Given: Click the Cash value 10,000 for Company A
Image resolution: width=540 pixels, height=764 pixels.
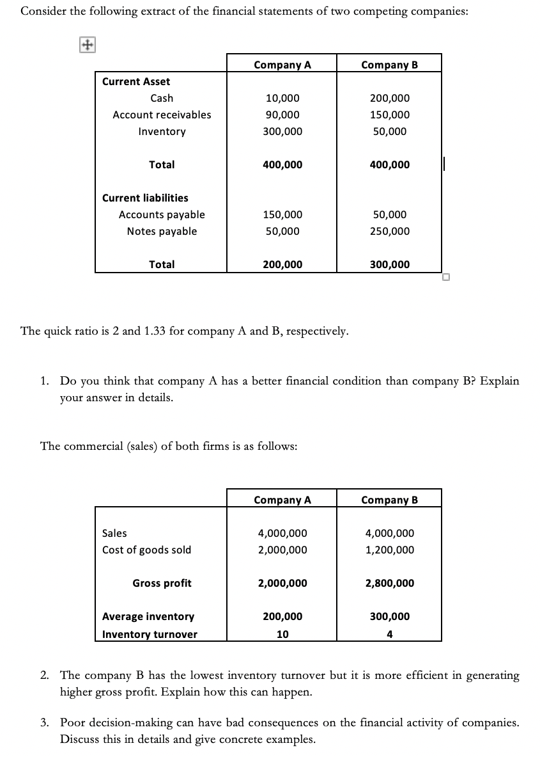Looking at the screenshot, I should pos(282,99).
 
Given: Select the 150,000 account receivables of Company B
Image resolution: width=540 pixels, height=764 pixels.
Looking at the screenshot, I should pos(390,115).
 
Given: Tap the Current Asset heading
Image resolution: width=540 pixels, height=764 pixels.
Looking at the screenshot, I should pos(136,82).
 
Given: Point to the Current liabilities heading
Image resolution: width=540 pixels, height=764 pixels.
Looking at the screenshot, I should pos(145,198).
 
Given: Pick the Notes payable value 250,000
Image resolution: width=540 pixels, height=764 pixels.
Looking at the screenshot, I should pos(390,232).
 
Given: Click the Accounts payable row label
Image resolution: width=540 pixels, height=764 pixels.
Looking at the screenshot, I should pos(162,215).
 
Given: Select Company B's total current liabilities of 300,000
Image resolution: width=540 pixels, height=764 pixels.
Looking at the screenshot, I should pos(390,265).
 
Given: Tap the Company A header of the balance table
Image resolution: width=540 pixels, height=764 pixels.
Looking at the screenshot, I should pos(282,65).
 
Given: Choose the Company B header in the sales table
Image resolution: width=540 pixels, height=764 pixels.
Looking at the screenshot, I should pos(390,500).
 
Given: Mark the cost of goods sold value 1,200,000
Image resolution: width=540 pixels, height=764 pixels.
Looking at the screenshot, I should pos(390,550).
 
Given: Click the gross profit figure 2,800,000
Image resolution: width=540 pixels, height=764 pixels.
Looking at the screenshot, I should pos(390,584).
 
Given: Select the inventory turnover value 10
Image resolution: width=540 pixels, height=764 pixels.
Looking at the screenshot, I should pos(282,635).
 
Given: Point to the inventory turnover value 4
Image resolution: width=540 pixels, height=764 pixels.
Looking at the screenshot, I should pos(390,635).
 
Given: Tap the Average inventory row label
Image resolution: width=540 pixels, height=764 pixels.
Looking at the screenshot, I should pos(148,617).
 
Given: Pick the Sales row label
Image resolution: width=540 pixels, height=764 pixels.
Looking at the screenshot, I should pos(114,534).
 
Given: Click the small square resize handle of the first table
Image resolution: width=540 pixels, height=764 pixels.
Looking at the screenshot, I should pos(445,277).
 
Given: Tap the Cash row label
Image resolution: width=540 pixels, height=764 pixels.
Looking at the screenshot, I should pos(162,99).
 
